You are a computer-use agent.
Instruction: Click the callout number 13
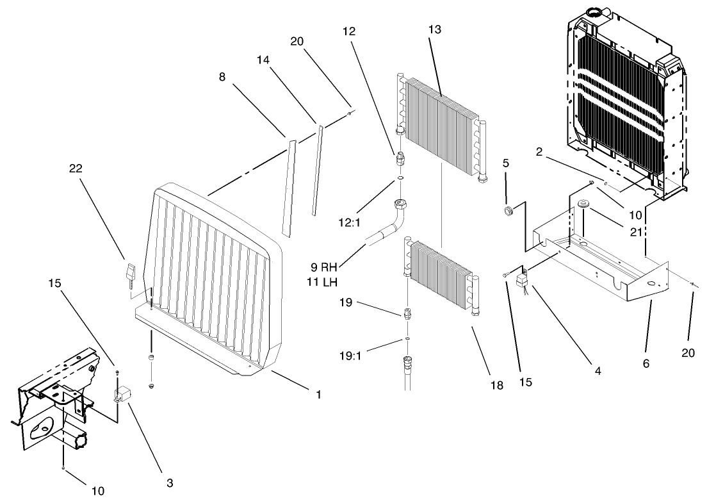(435, 29)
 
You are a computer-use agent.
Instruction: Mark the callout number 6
(646, 363)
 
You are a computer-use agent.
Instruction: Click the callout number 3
(169, 481)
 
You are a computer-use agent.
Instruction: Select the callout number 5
(506, 163)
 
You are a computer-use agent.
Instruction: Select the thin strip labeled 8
(289, 186)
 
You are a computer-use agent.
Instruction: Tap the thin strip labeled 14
(316, 170)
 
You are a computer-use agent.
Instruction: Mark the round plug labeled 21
(583, 204)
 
